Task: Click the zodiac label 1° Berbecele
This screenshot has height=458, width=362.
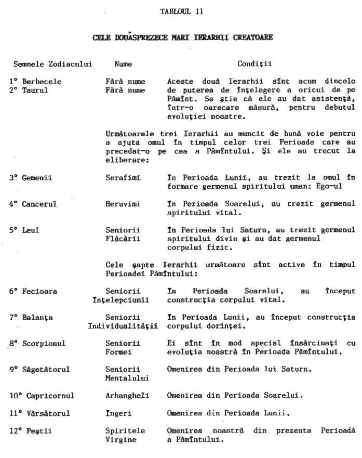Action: point(35,82)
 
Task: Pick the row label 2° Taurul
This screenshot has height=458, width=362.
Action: point(29,90)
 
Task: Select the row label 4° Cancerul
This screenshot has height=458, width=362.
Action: point(33,204)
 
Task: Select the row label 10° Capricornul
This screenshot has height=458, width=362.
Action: point(42,396)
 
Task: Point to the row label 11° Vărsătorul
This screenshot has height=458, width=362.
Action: point(39,413)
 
